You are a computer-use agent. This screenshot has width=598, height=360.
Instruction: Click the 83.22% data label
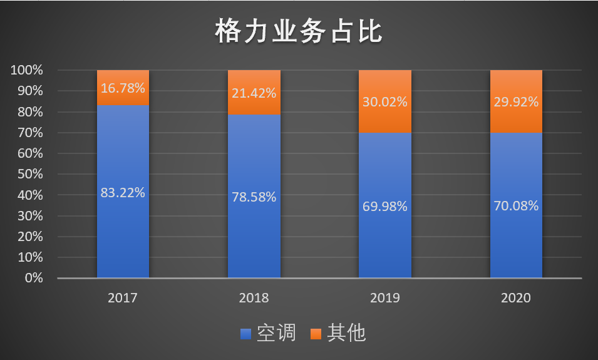click(123, 193)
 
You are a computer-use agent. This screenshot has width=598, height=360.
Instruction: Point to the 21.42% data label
click(254, 93)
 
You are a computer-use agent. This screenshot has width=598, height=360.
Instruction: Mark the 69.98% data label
click(384, 206)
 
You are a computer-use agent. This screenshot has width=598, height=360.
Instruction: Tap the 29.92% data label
click(515, 102)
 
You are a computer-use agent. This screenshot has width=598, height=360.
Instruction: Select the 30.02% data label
click(384, 102)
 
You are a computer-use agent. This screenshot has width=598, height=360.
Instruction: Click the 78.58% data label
click(254, 197)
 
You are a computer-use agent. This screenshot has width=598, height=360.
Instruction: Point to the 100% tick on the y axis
click(27, 70)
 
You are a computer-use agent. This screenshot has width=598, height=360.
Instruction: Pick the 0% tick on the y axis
click(33, 278)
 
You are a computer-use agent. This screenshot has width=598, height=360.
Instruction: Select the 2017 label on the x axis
click(123, 298)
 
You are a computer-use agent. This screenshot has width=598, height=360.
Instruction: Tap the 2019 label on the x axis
click(384, 298)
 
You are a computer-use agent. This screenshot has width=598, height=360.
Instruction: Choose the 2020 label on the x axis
click(515, 298)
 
